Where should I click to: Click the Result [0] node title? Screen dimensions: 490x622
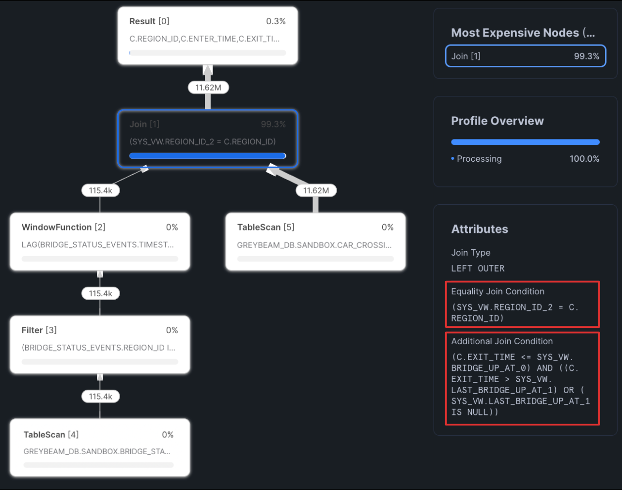coord(149,21)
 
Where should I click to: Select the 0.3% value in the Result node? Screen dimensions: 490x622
coord(276,21)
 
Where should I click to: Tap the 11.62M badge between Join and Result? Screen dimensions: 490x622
coord(208,88)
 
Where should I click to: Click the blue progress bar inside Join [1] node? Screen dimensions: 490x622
coord(207,156)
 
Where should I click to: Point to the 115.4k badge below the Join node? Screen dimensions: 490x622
coord(100,191)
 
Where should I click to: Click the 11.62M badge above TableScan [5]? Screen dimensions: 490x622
coord(316,191)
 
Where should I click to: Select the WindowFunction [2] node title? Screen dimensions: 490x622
coord(63,227)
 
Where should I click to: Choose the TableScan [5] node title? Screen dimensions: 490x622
coord(265,227)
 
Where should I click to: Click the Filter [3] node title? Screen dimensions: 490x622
coord(39,330)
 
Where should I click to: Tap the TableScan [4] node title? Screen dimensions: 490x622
coord(51,435)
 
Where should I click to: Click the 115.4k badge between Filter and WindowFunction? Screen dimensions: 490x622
coord(100,293)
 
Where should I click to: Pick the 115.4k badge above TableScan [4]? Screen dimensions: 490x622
coord(100,397)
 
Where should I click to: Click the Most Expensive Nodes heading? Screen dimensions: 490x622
coord(523,33)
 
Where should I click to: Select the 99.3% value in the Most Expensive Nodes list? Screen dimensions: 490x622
coord(586,56)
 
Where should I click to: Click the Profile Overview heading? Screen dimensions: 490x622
coord(497,121)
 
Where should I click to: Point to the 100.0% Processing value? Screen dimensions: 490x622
coord(584,159)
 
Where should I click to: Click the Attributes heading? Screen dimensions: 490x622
coord(480,230)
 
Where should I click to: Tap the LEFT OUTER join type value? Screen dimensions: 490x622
coord(478,269)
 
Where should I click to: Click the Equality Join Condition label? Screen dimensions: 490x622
coord(498,291)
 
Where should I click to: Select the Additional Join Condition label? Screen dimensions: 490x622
coord(502,341)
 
